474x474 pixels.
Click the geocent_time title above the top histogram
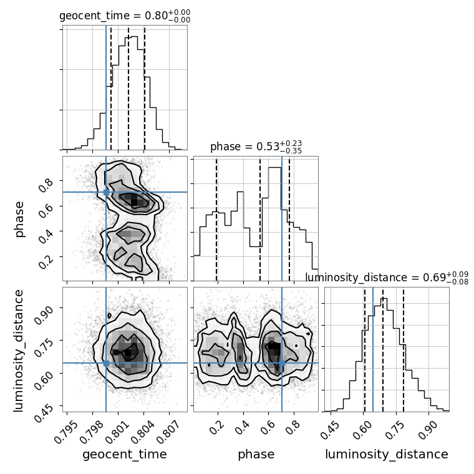(x=125, y=16)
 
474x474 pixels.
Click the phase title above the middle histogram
(x=256, y=147)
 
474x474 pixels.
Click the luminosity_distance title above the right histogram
(x=387, y=278)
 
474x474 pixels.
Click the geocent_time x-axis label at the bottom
(x=125, y=455)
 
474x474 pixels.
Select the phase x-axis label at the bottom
(x=256, y=455)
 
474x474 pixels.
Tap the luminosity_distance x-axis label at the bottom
(x=387, y=455)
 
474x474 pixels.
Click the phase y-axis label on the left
(x=19, y=218)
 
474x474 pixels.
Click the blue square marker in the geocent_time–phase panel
(x=106, y=192)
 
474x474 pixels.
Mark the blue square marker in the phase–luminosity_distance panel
(x=282, y=363)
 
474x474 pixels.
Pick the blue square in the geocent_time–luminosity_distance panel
(x=106, y=363)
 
